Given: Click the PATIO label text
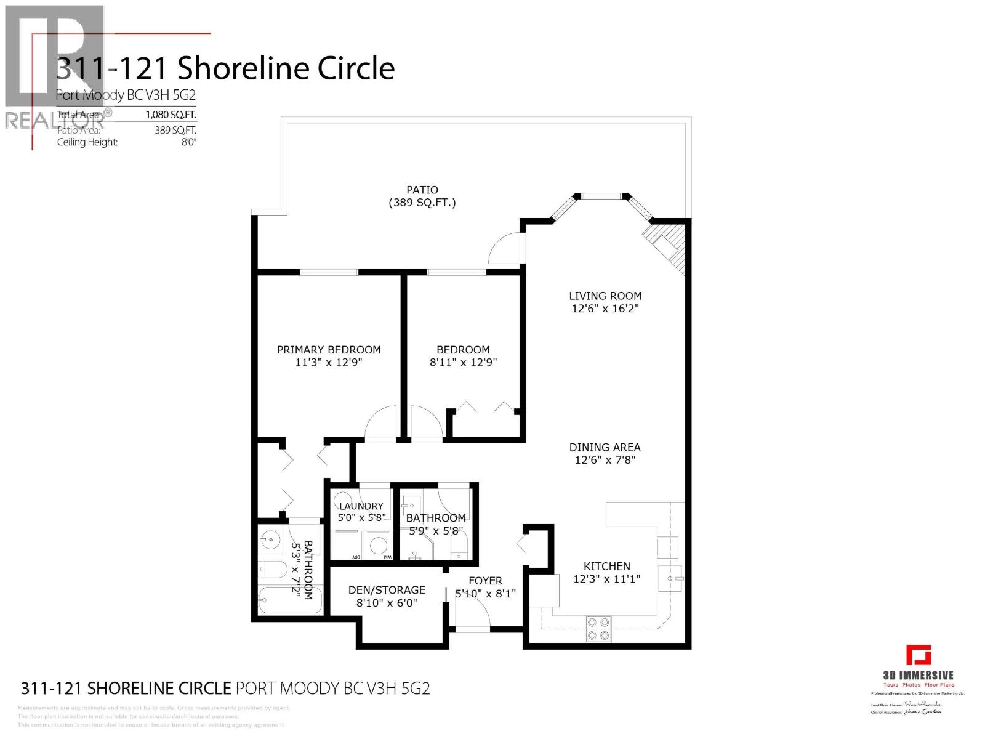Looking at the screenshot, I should pos(422,190).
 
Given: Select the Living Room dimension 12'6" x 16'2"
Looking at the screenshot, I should pos(605,309).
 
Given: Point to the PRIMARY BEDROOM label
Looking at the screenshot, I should pos(329,349).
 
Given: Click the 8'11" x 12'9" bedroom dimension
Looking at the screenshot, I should pos(463,363).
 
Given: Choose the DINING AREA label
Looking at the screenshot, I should pos(605,447).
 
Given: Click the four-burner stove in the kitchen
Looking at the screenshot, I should pos(598,628).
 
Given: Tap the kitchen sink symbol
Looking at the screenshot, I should pos(670,579).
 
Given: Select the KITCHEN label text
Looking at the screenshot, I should pos(606,566).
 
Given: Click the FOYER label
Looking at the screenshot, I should pos(485,581).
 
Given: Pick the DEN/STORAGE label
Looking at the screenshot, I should pos(387,589).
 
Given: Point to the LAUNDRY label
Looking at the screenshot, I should pos(361,506).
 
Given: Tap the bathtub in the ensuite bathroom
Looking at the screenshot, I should pos(289,600).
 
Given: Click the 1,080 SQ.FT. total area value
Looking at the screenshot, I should pos(171,115).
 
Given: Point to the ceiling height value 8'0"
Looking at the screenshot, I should pos(188,142).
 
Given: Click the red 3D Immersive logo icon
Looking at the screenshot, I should pos(918,655).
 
